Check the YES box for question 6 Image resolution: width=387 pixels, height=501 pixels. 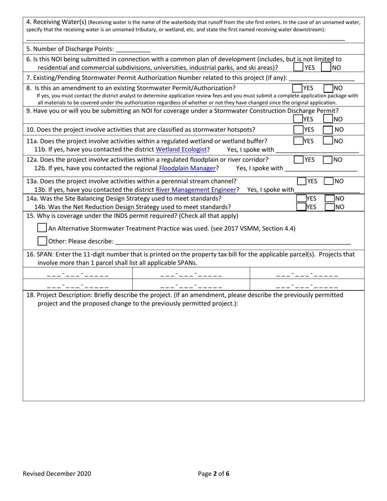coord(298,67)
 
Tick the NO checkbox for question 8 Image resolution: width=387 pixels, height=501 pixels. coord(328,88)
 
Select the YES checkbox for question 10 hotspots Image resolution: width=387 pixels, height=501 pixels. coord(298,130)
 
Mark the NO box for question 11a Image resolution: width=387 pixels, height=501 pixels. coord(328,141)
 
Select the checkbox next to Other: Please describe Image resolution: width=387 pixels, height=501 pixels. coord(42,241)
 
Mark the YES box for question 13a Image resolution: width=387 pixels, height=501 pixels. coord(301,181)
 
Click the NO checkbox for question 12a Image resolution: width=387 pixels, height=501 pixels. coord(328,160)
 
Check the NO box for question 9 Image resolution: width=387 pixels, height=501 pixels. coord(328,119)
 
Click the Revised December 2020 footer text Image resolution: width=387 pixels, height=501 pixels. coord(57,474)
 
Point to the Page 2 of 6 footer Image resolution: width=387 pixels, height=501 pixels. coord(214,474)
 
